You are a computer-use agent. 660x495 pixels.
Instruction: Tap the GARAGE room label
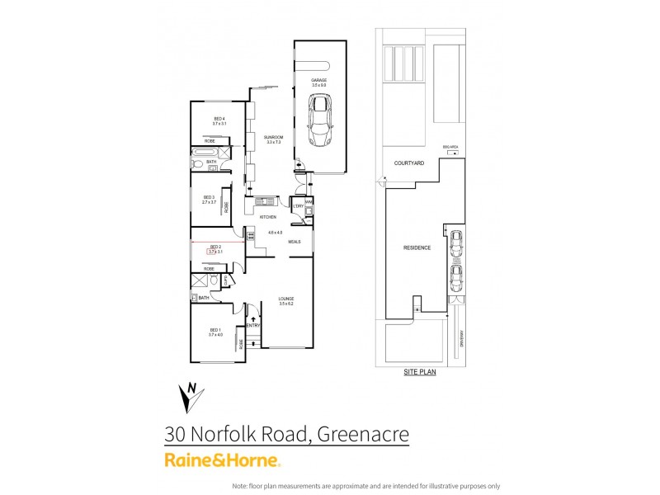click(319, 80)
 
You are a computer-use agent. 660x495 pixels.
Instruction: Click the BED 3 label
click(209, 197)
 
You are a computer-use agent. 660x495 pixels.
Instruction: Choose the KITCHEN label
click(267, 216)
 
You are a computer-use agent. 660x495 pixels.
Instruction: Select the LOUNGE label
click(286, 299)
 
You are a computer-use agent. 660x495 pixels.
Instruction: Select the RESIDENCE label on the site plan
click(417, 247)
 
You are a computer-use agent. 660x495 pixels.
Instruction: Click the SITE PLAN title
click(420, 372)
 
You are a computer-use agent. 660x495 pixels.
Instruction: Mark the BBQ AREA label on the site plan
click(450, 145)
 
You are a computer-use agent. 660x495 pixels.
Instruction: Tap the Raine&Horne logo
click(223, 460)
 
